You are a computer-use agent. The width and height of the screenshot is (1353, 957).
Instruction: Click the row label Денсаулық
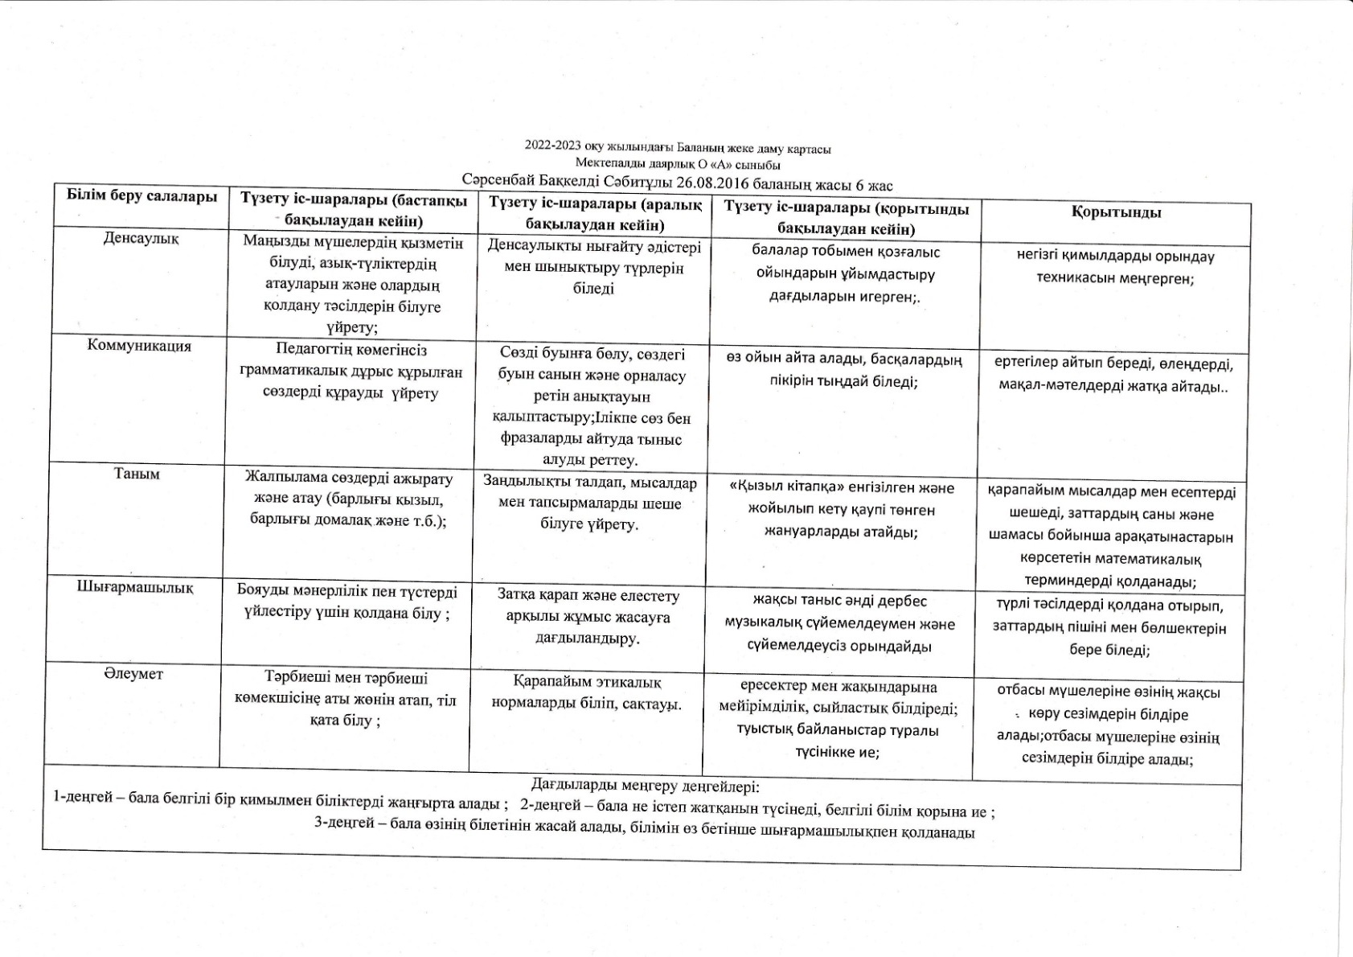coord(141,238)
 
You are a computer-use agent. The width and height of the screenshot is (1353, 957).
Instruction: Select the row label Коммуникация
coord(139,346)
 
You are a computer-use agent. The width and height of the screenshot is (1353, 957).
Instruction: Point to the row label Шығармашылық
coord(135,587)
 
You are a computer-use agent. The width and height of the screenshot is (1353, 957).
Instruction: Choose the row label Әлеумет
coord(133,674)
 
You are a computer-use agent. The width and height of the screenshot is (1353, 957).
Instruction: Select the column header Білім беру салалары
coord(142,196)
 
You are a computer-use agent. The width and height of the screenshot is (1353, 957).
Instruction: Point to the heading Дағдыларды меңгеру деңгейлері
coord(645,785)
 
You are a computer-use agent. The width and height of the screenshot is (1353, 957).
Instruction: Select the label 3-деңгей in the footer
coord(341,832)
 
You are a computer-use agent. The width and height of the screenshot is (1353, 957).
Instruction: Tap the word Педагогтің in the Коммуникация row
coord(313,351)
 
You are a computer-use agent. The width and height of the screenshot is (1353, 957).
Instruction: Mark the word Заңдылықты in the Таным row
coord(522,482)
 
